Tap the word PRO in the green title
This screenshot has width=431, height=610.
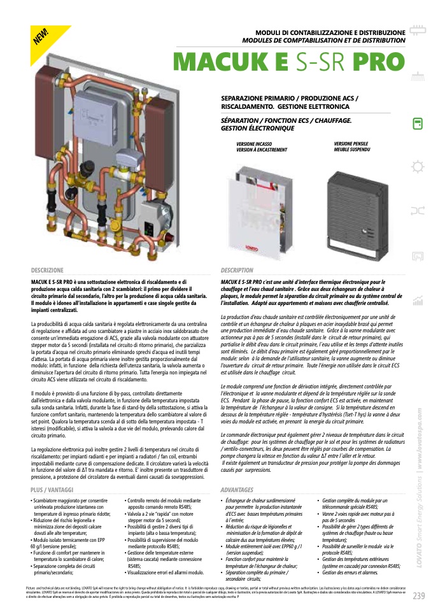373,61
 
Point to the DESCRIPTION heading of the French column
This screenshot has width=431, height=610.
237,271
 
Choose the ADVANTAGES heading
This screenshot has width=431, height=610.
237,490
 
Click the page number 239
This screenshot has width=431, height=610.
418,597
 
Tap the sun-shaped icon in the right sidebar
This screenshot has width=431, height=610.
418,167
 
